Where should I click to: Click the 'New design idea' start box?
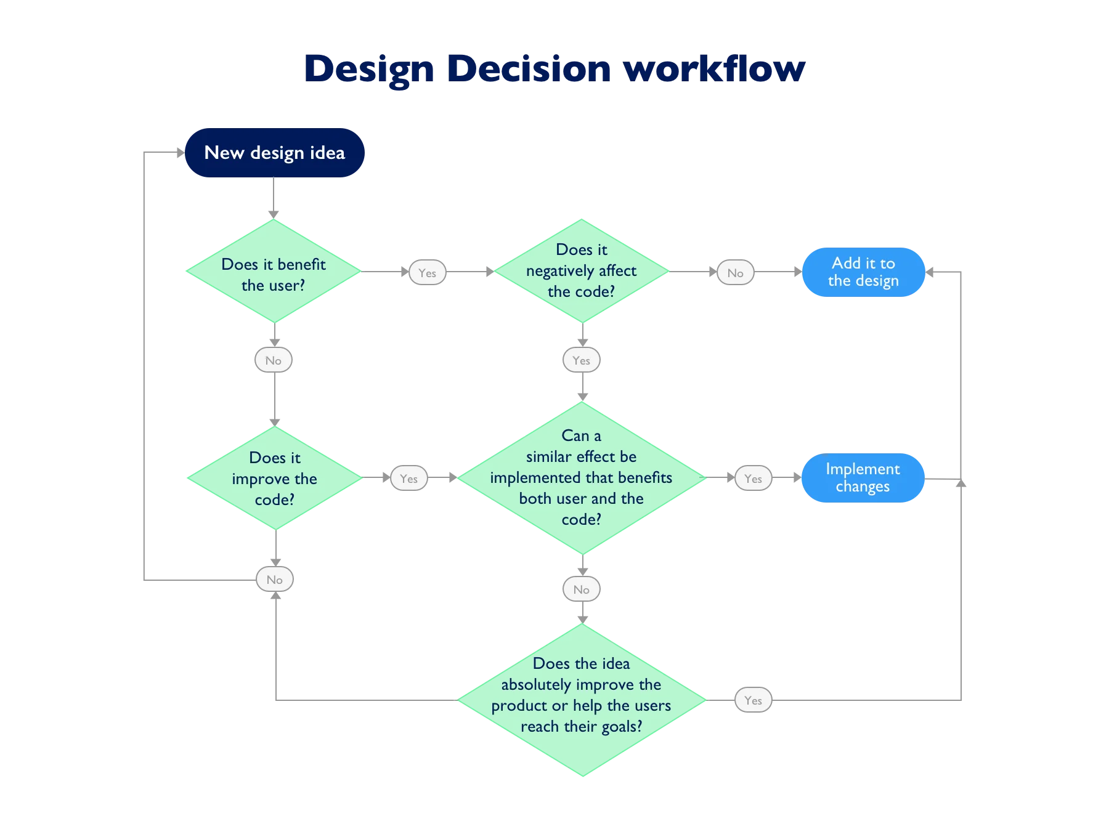click(x=274, y=153)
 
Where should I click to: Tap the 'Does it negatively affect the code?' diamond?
click(x=582, y=271)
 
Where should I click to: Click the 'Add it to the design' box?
click(x=863, y=272)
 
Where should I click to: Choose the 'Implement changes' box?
click(x=863, y=478)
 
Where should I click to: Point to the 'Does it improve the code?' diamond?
click(x=274, y=479)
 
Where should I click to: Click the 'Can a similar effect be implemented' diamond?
click(x=582, y=478)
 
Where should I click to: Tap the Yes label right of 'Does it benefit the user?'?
click(x=427, y=273)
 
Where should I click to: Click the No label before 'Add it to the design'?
click(x=735, y=273)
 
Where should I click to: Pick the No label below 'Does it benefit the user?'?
click(x=274, y=360)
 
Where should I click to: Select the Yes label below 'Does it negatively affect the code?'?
click(x=581, y=360)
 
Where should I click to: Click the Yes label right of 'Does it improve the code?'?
click(x=408, y=479)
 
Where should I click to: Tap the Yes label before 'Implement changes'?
click(x=753, y=479)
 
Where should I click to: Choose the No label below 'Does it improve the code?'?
click(x=275, y=580)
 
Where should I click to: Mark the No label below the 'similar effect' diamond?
click(x=581, y=589)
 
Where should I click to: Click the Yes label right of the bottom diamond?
click(x=753, y=700)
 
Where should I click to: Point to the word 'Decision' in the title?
click(x=529, y=69)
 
